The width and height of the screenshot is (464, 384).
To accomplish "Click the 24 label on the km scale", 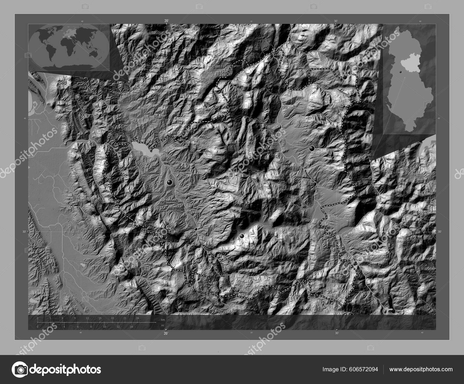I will coord(137,318).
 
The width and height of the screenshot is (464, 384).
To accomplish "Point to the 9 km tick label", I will coord(75,318).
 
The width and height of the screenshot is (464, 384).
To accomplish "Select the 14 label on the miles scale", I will coord(131,327).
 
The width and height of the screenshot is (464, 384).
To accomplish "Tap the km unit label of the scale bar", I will coord(163,320).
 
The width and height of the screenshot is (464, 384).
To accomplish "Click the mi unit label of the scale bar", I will coord(163,325).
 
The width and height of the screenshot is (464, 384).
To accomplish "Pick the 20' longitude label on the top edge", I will coord(166,21).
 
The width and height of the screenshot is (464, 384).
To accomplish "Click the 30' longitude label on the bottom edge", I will coord(336,333).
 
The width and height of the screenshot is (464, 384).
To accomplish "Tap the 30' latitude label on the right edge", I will coord(440,231).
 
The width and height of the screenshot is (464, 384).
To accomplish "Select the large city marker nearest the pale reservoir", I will coord(170,182).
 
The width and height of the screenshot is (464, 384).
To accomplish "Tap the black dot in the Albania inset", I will coord(400,71).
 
